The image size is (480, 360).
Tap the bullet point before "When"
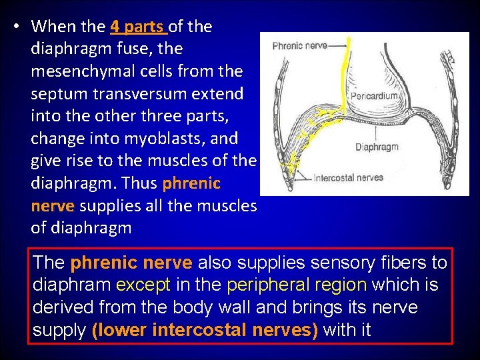(15, 27)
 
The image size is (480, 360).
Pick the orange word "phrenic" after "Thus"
(191, 183)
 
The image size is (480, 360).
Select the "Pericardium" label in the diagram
(375, 96)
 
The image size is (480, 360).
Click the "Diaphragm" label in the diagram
(376, 147)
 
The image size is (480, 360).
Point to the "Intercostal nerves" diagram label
(347, 177)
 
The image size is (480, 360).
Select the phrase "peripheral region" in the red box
(297, 285)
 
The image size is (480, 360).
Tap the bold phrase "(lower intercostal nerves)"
(205, 330)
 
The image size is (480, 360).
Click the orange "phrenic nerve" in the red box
(131, 263)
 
